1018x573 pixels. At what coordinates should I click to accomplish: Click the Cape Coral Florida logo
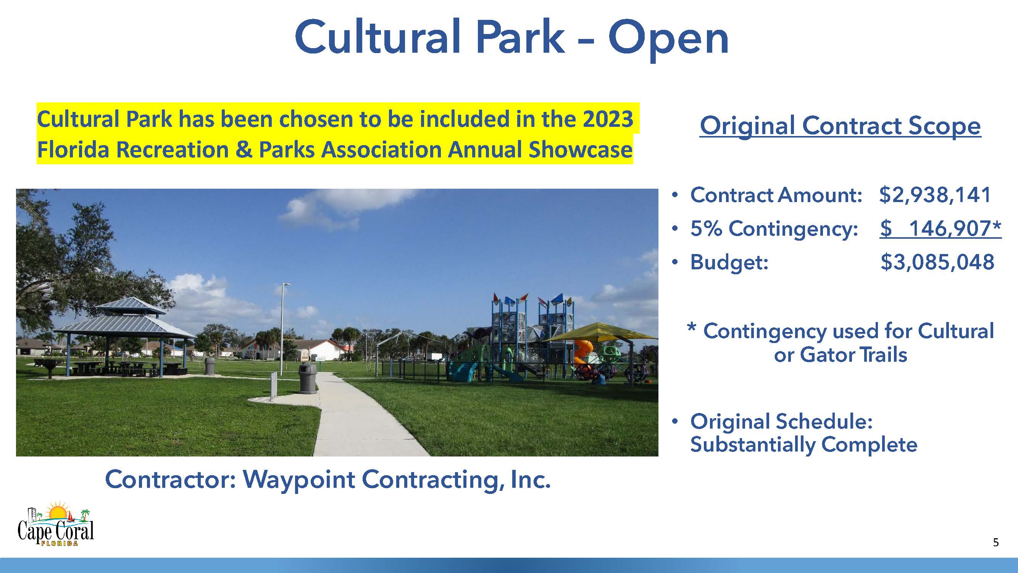coord(56,523)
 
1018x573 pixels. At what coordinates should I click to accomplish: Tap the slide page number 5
coord(995,542)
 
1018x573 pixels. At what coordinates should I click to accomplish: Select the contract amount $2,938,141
coord(935,194)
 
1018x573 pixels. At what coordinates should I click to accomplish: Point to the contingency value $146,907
coord(941,228)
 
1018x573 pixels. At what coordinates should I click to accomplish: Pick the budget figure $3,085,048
coord(937,262)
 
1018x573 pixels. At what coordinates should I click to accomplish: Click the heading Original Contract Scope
coord(840,126)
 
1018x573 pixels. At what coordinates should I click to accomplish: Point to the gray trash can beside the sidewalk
coord(307,378)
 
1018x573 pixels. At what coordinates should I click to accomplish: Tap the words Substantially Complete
coord(803,445)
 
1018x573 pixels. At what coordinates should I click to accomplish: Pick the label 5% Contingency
coord(774,228)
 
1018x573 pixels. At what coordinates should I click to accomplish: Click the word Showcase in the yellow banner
coord(581,150)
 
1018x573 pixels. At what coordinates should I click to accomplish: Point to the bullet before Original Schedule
coord(675,422)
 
